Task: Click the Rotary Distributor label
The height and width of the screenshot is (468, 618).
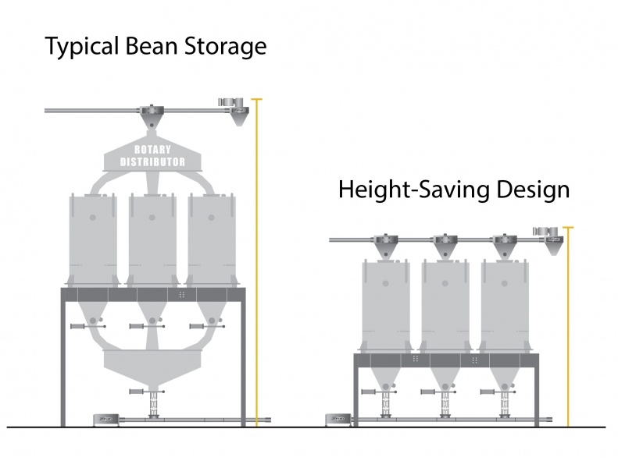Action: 152,155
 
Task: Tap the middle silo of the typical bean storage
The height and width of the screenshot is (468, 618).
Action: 152,238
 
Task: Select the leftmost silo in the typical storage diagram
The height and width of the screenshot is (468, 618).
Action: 93,238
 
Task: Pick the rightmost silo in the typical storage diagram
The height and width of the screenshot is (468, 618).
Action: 212,238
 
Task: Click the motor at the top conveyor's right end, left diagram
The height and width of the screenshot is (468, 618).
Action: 228,103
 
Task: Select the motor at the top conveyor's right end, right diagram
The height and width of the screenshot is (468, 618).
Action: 541,231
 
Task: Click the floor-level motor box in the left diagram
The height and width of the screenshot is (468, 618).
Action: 103,420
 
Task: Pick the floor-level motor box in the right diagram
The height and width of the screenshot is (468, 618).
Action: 338,420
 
